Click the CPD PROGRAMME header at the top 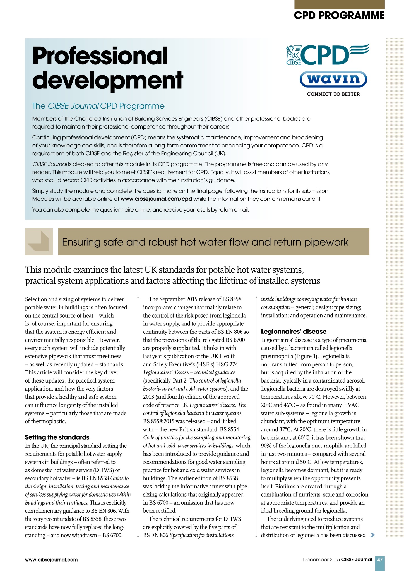(339, 15)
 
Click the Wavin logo (333, 79)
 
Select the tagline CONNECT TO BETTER (333, 94)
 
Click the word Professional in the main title (100, 55)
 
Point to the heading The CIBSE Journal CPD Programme (98, 106)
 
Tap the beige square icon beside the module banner (39, 242)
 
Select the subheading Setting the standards (57, 437)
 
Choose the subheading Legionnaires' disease (294, 332)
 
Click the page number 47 (380, 559)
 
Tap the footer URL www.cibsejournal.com (51, 560)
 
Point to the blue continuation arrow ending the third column (372, 535)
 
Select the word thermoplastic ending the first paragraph (45, 421)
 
